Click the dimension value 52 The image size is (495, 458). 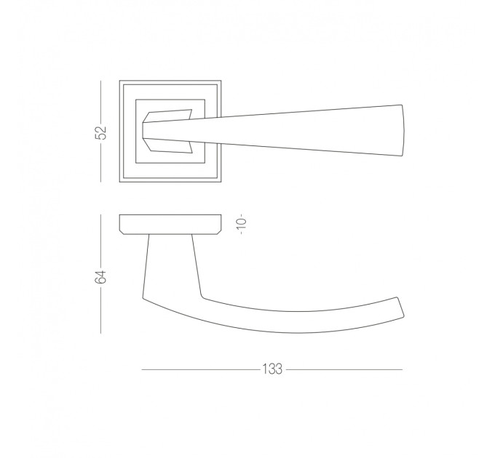tap(101, 132)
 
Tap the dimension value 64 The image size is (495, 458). tap(101, 277)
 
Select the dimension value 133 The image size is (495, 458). tap(272, 369)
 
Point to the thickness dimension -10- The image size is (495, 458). tap(242, 223)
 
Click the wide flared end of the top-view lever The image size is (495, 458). tap(402, 130)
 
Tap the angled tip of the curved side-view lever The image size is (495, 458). tap(400, 307)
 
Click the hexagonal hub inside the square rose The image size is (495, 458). tap(167, 132)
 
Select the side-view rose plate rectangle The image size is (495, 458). tap(170, 225)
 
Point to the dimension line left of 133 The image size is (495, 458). tap(201, 369)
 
